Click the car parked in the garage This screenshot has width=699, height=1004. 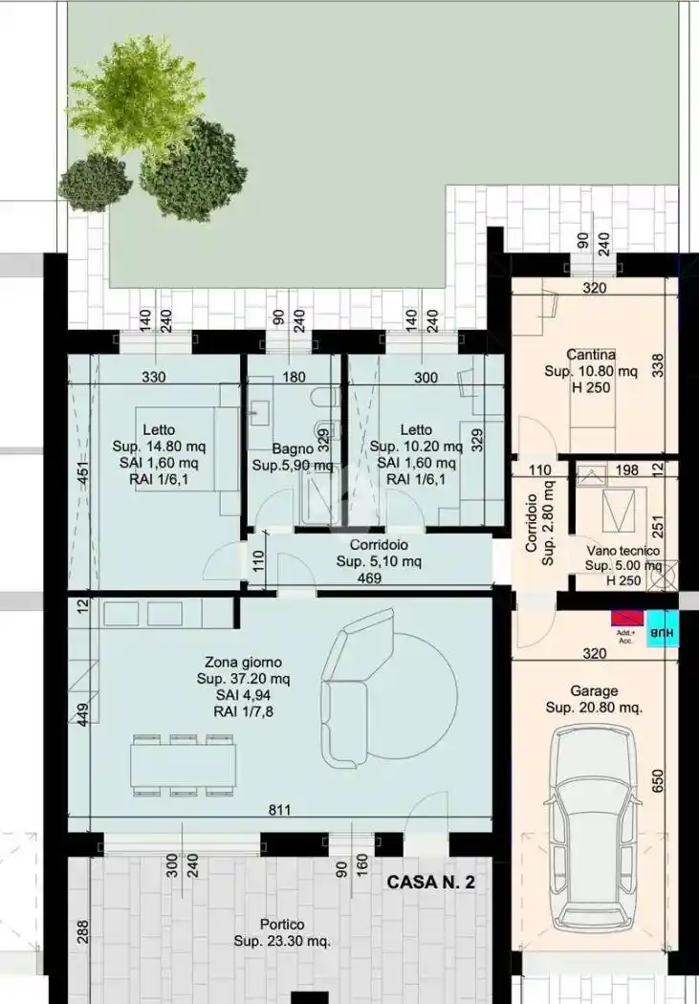pos(594,828)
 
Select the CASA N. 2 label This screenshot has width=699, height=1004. pos(430,883)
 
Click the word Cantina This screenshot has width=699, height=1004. pos(591,354)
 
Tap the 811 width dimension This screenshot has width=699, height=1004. pos(279,811)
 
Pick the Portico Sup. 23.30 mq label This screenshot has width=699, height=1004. pos(282,932)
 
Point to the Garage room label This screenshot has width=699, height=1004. pos(594,690)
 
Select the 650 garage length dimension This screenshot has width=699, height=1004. pos(658,783)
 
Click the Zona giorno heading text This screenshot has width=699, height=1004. pos(243,662)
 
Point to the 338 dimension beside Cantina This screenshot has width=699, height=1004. pos(658,364)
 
